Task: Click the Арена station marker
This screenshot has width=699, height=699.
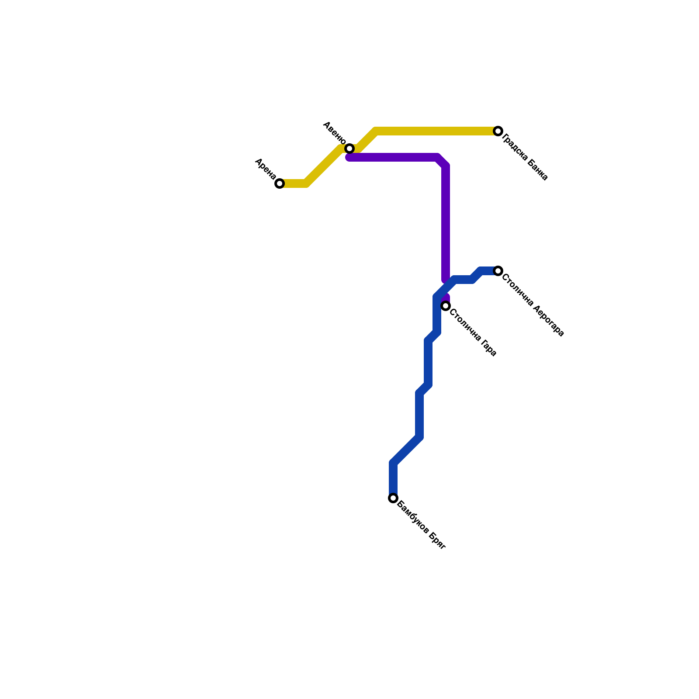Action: tap(280, 183)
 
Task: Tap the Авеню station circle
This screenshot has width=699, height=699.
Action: tap(349, 149)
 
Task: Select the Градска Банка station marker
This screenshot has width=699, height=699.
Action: tap(498, 131)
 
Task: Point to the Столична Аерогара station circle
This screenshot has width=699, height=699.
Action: tap(498, 271)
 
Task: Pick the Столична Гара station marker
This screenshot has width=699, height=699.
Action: tap(446, 306)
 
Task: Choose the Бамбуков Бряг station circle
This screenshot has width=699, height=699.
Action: tap(393, 498)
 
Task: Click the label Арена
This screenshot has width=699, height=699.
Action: tap(265, 169)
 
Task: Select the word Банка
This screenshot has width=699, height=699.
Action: tap(537, 170)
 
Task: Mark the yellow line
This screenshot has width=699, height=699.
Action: tap(437, 131)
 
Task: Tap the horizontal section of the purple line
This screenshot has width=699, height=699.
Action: tap(393, 157)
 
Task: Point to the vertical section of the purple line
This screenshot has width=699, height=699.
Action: tap(446, 218)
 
